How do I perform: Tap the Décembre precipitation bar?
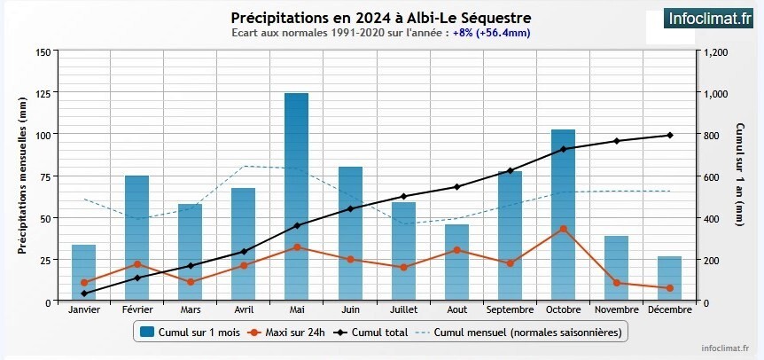click(x=670, y=279)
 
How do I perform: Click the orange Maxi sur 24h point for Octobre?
click(x=563, y=229)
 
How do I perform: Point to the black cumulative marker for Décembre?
click(x=670, y=135)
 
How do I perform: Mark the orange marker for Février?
click(x=137, y=264)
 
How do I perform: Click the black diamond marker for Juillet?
click(x=403, y=196)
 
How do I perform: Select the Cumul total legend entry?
click(x=372, y=333)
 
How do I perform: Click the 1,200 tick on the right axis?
click(x=715, y=52)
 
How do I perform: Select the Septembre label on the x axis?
click(x=510, y=309)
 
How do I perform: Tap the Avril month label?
click(x=244, y=309)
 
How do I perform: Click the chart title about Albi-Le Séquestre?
click(x=382, y=18)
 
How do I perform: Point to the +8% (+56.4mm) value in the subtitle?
click(x=492, y=34)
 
